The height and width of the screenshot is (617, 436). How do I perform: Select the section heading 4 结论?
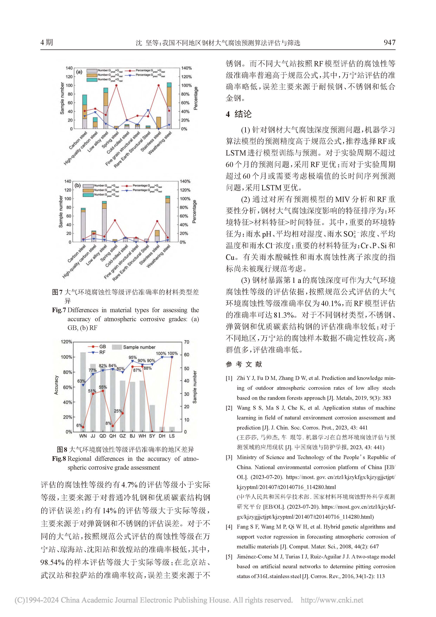point(238,114)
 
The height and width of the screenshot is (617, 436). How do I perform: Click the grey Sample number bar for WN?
point(83,392)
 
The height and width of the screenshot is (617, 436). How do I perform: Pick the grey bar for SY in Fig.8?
point(152,418)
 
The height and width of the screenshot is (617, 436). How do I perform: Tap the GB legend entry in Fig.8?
point(102,347)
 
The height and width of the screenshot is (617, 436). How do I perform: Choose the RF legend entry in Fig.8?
point(102,352)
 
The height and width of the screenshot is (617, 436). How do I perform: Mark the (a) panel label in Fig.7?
point(79,72)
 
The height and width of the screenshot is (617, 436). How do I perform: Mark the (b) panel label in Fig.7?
point(78,185)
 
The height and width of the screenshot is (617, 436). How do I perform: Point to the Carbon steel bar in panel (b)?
point(83,226)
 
